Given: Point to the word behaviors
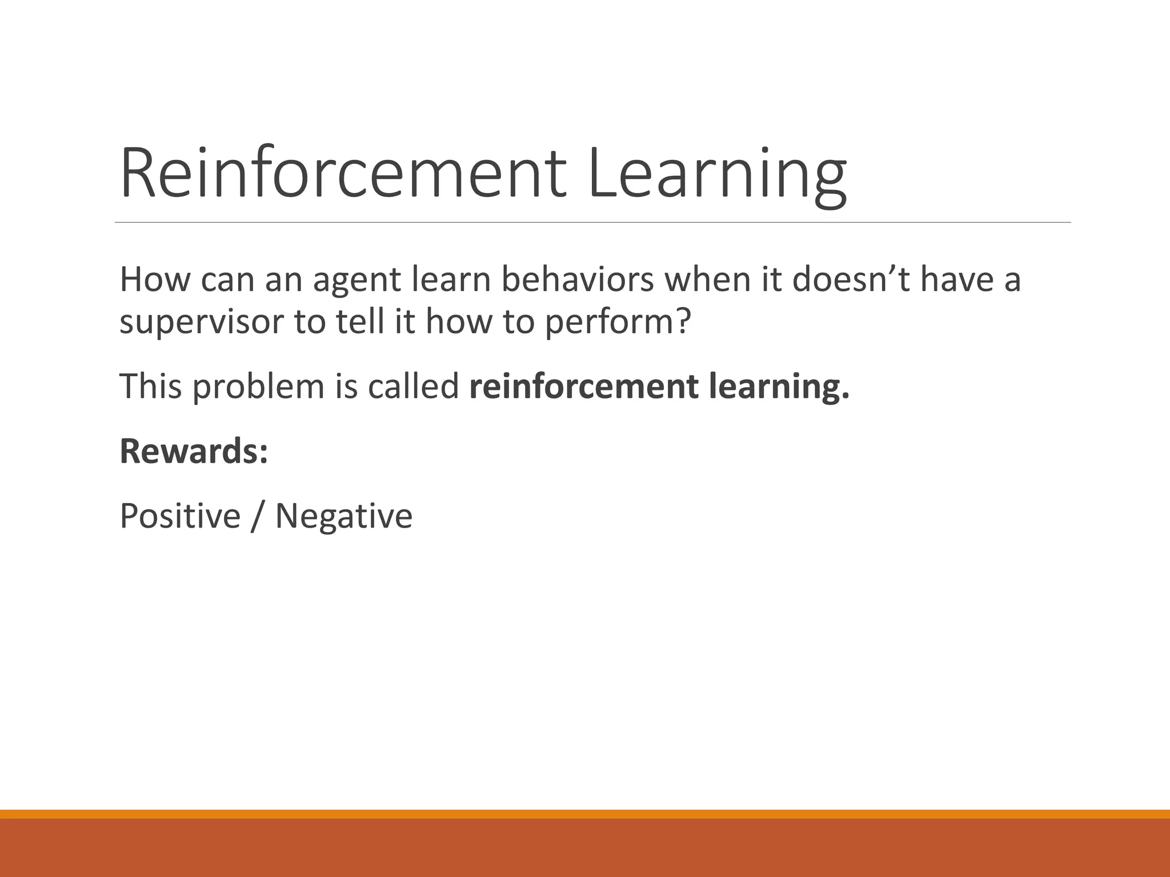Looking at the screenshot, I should [x=578, y=280].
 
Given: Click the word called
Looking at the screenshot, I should [x=413, y=386].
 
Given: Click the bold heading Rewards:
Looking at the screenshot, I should [x=194, y=451].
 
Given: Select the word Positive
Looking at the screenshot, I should [x=180, y=516].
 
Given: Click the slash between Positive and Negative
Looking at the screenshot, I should [x=258, y=516].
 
